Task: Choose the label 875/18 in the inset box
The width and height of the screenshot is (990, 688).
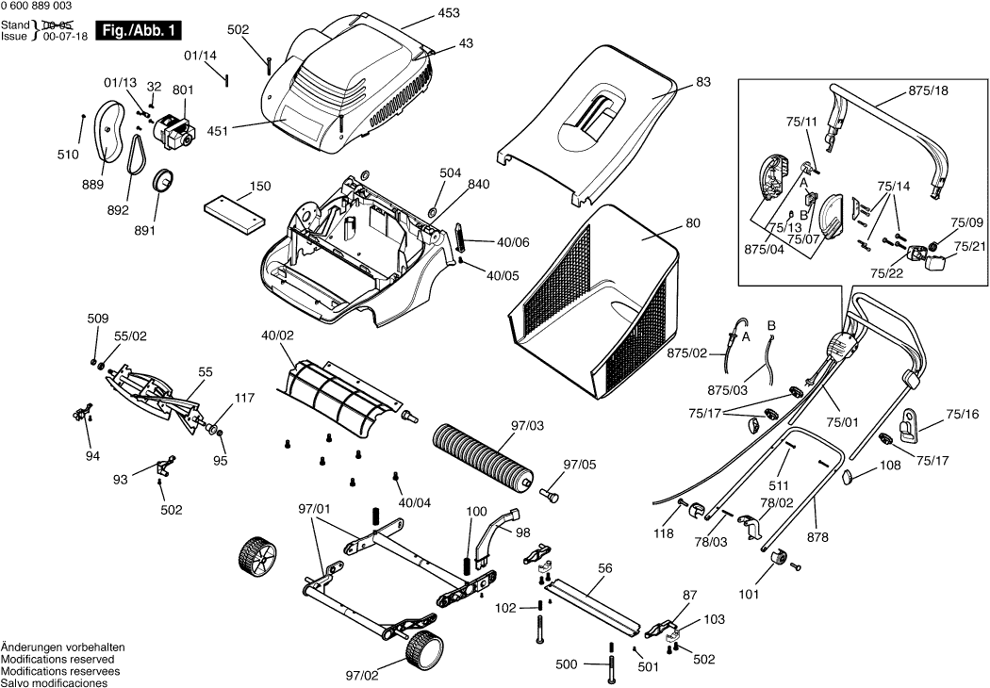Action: click(x=929, y=90)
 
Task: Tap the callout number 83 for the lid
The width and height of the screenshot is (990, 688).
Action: click(x=703, y=82)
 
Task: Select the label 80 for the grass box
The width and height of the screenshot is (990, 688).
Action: click(x=693, y=224)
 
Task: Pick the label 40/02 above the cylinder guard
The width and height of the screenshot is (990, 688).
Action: click(x=277, y=335)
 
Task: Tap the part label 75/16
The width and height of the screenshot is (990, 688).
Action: click(x=963, y=414)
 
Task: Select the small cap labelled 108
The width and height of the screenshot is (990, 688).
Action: click(x=847, y=476)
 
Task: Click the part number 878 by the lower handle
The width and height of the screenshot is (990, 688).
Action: click(x=817, y=537)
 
